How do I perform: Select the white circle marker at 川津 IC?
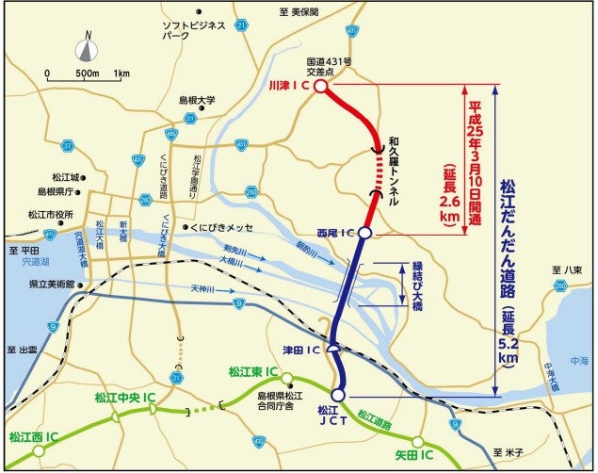tap(320, 86)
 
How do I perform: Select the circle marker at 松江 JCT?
tap(338, 395)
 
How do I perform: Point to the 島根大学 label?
tap(198, 99)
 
